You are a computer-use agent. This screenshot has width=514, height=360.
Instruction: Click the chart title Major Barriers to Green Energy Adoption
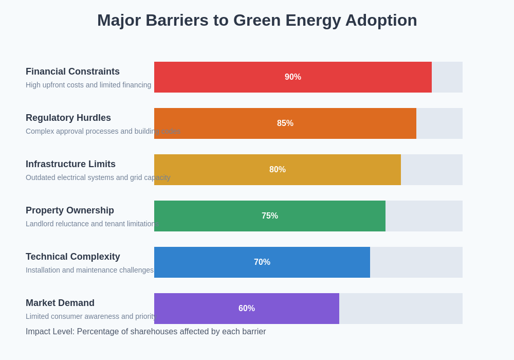coord(257,21)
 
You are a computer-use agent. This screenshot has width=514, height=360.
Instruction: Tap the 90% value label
coord(293,77)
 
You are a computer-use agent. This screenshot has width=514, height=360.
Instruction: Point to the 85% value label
coord(285,123)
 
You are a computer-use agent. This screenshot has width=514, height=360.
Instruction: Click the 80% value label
coord(278,170)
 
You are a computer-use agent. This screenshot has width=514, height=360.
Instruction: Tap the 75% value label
coord(270,216)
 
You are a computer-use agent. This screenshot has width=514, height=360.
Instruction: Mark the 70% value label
coord(262,262)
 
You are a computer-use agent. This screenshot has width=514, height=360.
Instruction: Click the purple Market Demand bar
coord(195,309)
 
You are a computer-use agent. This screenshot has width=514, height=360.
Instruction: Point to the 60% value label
coord(247,309)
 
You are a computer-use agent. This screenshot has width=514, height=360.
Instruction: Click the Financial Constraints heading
coord(72,71)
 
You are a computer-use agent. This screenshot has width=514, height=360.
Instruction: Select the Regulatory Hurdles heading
coord(68,118)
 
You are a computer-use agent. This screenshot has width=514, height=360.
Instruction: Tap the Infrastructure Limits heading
coord(70,164)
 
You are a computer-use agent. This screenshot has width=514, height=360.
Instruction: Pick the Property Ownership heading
coord(70,210)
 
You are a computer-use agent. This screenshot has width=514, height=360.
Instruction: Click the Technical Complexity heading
coord(73,257)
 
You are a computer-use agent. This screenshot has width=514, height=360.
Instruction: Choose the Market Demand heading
coord(60,303)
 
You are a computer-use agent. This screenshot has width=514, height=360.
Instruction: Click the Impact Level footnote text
coord(146,332)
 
